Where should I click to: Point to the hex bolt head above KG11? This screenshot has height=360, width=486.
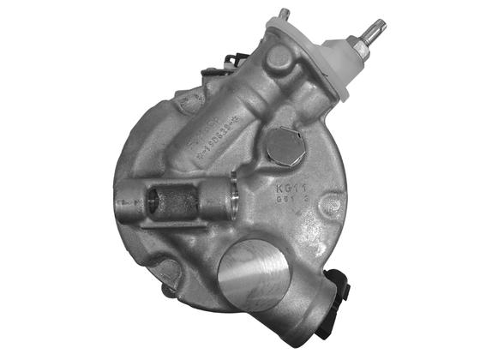tap(283, 147)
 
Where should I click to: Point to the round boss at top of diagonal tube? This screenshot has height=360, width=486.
tap(279, 60)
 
